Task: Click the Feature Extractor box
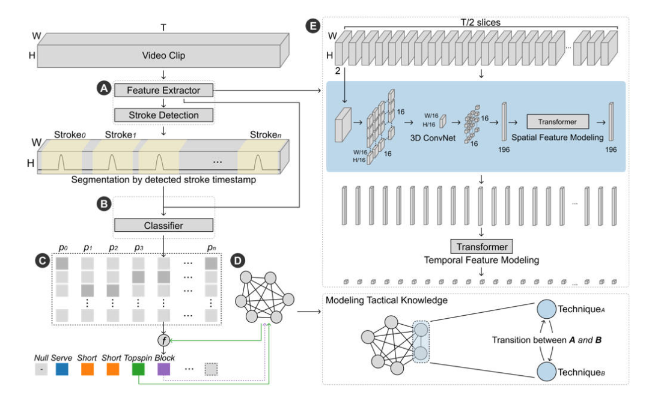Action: coord(163,90)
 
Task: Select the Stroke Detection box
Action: coord(163,115)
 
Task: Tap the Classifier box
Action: coord(163,225)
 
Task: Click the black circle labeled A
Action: coord(104,88)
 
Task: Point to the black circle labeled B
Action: coord(104,204)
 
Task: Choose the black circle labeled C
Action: coord(42,261)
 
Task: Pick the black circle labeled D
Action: coord(237,261)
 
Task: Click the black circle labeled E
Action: coord(313,26)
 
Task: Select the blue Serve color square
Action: coord(62,369)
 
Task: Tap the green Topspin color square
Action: coord(138,369)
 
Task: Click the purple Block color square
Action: coord(163,369)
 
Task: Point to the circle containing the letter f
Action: coord(164,340)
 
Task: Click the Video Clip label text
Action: coord(163,55)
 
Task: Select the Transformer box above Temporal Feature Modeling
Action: coord(481,247)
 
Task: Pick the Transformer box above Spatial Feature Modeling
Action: coord(558,121)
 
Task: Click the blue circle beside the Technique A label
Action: coord(546,309)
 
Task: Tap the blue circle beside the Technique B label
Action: coord(546,372)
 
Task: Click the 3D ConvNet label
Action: coord(433,138)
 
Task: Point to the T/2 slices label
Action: coord(481,22)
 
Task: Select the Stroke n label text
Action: coord(266,134)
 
